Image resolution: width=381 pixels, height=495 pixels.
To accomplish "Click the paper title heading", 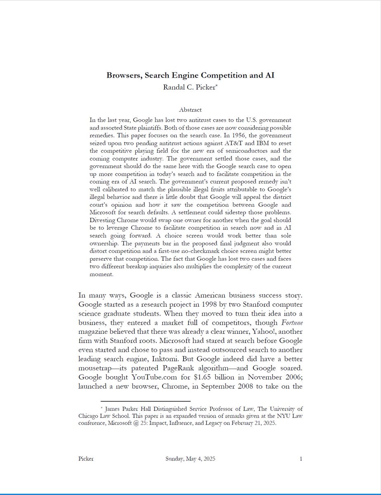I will (190, 75).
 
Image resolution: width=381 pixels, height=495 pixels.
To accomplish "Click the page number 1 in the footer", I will (301, 459).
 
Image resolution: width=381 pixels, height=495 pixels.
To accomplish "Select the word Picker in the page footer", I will (85, 459).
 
